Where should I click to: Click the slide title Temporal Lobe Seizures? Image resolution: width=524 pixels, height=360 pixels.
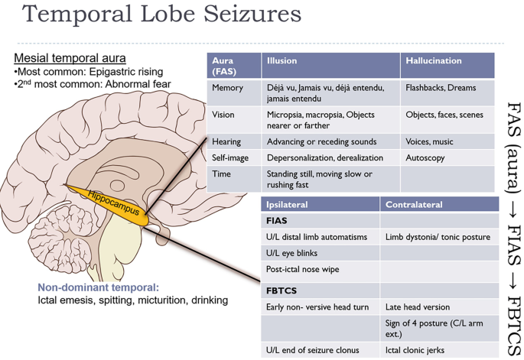[x=161, y=15]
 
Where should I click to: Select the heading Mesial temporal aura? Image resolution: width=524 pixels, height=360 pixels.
[x=70, y=58]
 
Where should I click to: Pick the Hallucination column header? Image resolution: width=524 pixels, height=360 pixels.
[x=434, y=60]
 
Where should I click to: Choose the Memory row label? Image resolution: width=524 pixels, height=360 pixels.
[x=227, y=88]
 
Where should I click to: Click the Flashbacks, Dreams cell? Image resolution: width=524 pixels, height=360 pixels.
[x=441, y=88]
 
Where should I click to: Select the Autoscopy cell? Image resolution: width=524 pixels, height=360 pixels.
[x=425, y=157]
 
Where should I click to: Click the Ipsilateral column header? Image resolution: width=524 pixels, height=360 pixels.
[x=288, y=205]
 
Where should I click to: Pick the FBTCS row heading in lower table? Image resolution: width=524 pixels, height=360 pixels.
[x=282, y=290]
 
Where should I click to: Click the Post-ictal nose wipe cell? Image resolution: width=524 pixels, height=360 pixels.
[x=302, y=269]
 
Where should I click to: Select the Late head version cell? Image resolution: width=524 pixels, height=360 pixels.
[x=418, y=307]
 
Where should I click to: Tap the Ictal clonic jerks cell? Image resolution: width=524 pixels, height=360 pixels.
[x=418, y=350]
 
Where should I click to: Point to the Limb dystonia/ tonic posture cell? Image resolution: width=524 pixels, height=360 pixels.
[x=438, y=237]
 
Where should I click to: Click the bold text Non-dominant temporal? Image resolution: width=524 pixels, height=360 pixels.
[x=98, y=288]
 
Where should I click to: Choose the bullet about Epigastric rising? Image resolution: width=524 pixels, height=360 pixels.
[x=88, y=72]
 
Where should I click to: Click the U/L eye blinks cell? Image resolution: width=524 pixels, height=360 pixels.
[x=291, y=253]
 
